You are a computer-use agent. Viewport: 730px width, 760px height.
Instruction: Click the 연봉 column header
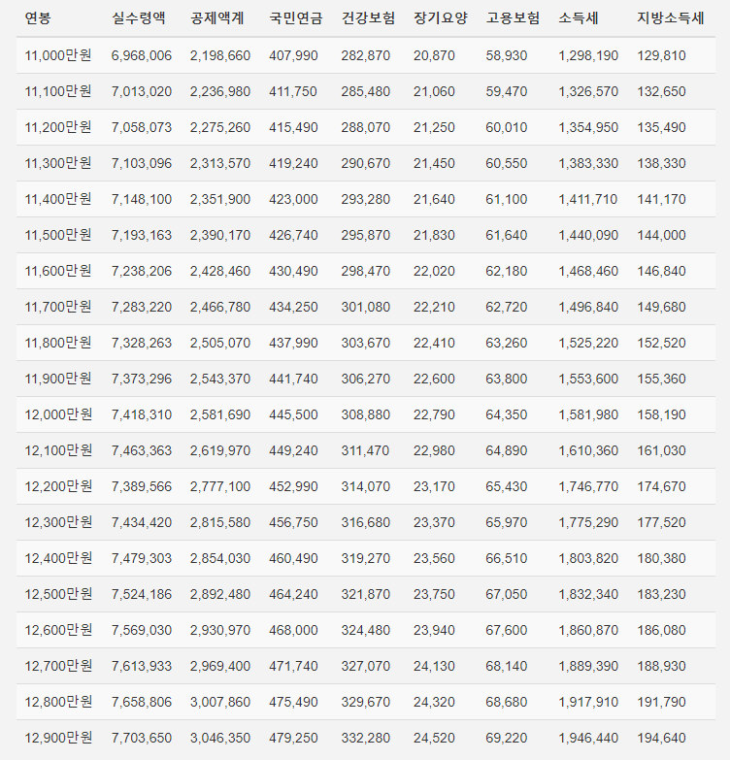[39, 19]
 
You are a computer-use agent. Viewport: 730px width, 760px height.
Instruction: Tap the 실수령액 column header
[139, 19]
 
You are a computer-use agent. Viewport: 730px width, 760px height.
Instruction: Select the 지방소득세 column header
[670, 19]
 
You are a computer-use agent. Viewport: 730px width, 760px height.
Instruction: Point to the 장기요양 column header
[440, 19]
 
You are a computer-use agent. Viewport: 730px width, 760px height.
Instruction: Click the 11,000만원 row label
[58, 55]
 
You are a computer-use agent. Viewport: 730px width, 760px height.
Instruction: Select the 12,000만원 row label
[58, 414]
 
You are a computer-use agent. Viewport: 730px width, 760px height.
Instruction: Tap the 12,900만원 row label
[58, 738]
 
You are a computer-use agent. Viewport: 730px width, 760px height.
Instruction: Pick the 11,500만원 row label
[58, 235]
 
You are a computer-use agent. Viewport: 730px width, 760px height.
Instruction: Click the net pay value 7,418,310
[142, 414]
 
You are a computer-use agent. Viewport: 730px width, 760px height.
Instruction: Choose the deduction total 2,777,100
[220, 486]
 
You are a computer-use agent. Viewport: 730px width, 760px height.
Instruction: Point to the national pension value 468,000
[293, 630]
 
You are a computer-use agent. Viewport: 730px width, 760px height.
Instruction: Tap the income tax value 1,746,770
[588, 486]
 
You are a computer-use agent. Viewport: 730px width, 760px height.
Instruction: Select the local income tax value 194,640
[661, 738]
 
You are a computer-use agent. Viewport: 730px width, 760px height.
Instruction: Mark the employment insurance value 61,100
[507, 199]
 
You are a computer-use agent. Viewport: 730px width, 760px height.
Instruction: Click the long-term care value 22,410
[434, 343]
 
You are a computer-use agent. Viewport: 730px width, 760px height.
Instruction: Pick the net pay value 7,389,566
[142, 486]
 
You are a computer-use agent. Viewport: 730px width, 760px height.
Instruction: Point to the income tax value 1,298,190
[588, 55]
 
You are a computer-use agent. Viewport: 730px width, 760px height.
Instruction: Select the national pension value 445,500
[293, 414]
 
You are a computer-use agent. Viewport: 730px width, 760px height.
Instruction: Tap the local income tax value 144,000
[661, 235]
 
